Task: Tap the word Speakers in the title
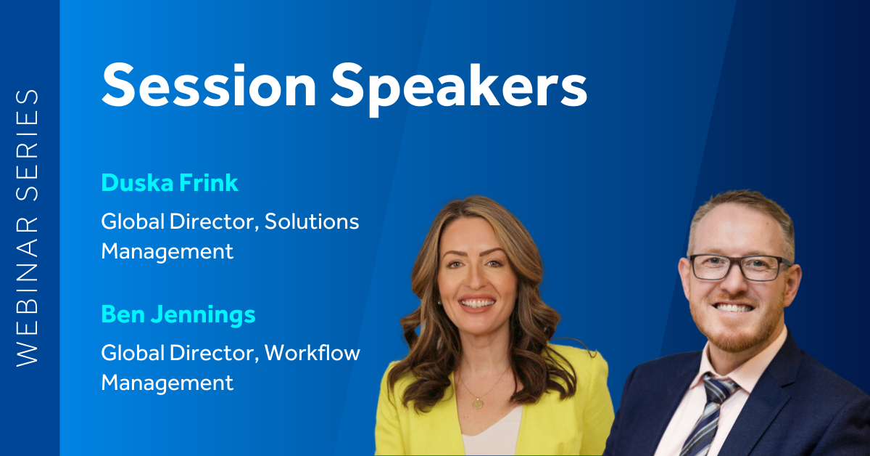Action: click(459, 89)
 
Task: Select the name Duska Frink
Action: click(170, 182)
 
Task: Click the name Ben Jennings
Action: click(178, 314)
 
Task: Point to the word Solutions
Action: click(312, 221)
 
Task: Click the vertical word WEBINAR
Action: click(28, 291)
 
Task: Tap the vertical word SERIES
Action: click(28, 145)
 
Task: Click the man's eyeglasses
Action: click(740, 267)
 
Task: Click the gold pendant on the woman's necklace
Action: click(477, 404)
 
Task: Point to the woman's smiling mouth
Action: click(477, 302)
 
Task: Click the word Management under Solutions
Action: click(167, 252)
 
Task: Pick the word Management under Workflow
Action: click(167, 383)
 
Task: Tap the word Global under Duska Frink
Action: click(133, 221)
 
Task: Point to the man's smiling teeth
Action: click(734, 308)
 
